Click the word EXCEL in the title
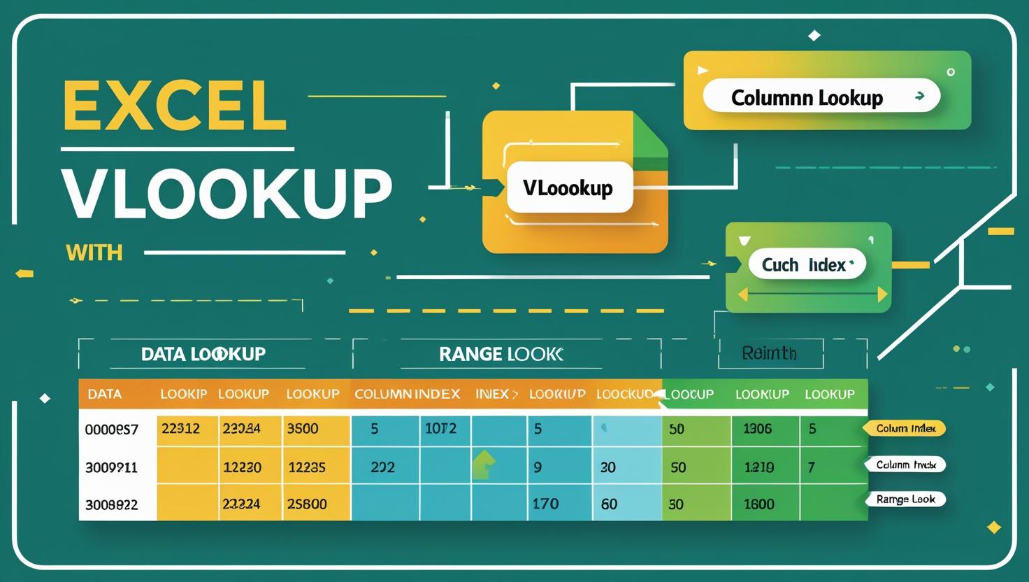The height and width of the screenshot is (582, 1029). (x=175, y=106)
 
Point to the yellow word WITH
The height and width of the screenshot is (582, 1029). (x=94, y=252)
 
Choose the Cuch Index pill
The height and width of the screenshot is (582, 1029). (x=807, y=265)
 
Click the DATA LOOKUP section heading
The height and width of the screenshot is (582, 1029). (x=203, y=354)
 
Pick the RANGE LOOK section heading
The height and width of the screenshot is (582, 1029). (x=501, y=354)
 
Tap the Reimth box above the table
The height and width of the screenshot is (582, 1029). (x=770, y=353)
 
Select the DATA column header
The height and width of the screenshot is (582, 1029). (x=105, y=394)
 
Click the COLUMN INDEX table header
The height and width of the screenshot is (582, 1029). (x=407, y=394)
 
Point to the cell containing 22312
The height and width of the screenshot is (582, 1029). (x=180, y=429)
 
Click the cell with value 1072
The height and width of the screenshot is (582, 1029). (x=440, y=429)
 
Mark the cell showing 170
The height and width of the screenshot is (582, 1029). (x=545, y=504)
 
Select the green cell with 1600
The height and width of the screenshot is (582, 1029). (x=758, y=504)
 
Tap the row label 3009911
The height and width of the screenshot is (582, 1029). (x=111, y=467)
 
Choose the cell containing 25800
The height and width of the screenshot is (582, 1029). (x=307, y=504)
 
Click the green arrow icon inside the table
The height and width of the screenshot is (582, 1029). (x=484, y=464)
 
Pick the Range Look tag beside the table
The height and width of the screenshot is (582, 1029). (x=906, y=499)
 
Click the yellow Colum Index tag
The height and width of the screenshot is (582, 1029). (x=905, y=428)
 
